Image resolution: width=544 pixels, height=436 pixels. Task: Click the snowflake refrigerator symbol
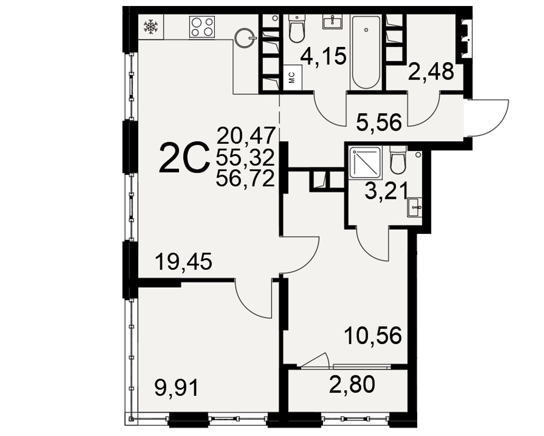coord(151,27)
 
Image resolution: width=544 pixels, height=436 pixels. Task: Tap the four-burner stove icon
coord(202,27)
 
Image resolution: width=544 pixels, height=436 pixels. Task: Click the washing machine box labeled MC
coord(292,77)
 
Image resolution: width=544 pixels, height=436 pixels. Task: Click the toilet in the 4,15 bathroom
coord(296,28)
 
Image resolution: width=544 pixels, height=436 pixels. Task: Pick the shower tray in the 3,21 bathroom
coord(365,162)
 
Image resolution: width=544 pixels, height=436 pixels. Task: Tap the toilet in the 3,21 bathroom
coord(398,160)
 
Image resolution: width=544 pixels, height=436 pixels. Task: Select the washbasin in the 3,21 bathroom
coord(415,207)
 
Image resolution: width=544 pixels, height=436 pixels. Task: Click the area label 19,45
coord(183,262)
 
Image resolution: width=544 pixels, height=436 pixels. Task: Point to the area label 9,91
coord(177,387)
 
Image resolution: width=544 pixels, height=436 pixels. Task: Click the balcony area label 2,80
coord(352,385)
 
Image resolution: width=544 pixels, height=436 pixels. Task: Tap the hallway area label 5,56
coord(379,122)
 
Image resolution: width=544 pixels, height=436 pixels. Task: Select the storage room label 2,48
coord(430,71)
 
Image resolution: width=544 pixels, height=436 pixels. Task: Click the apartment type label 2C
coord(184,159)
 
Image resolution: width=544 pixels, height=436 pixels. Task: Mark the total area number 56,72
coord(246,179)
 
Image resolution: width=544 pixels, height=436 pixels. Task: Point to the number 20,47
coord(246,135)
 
